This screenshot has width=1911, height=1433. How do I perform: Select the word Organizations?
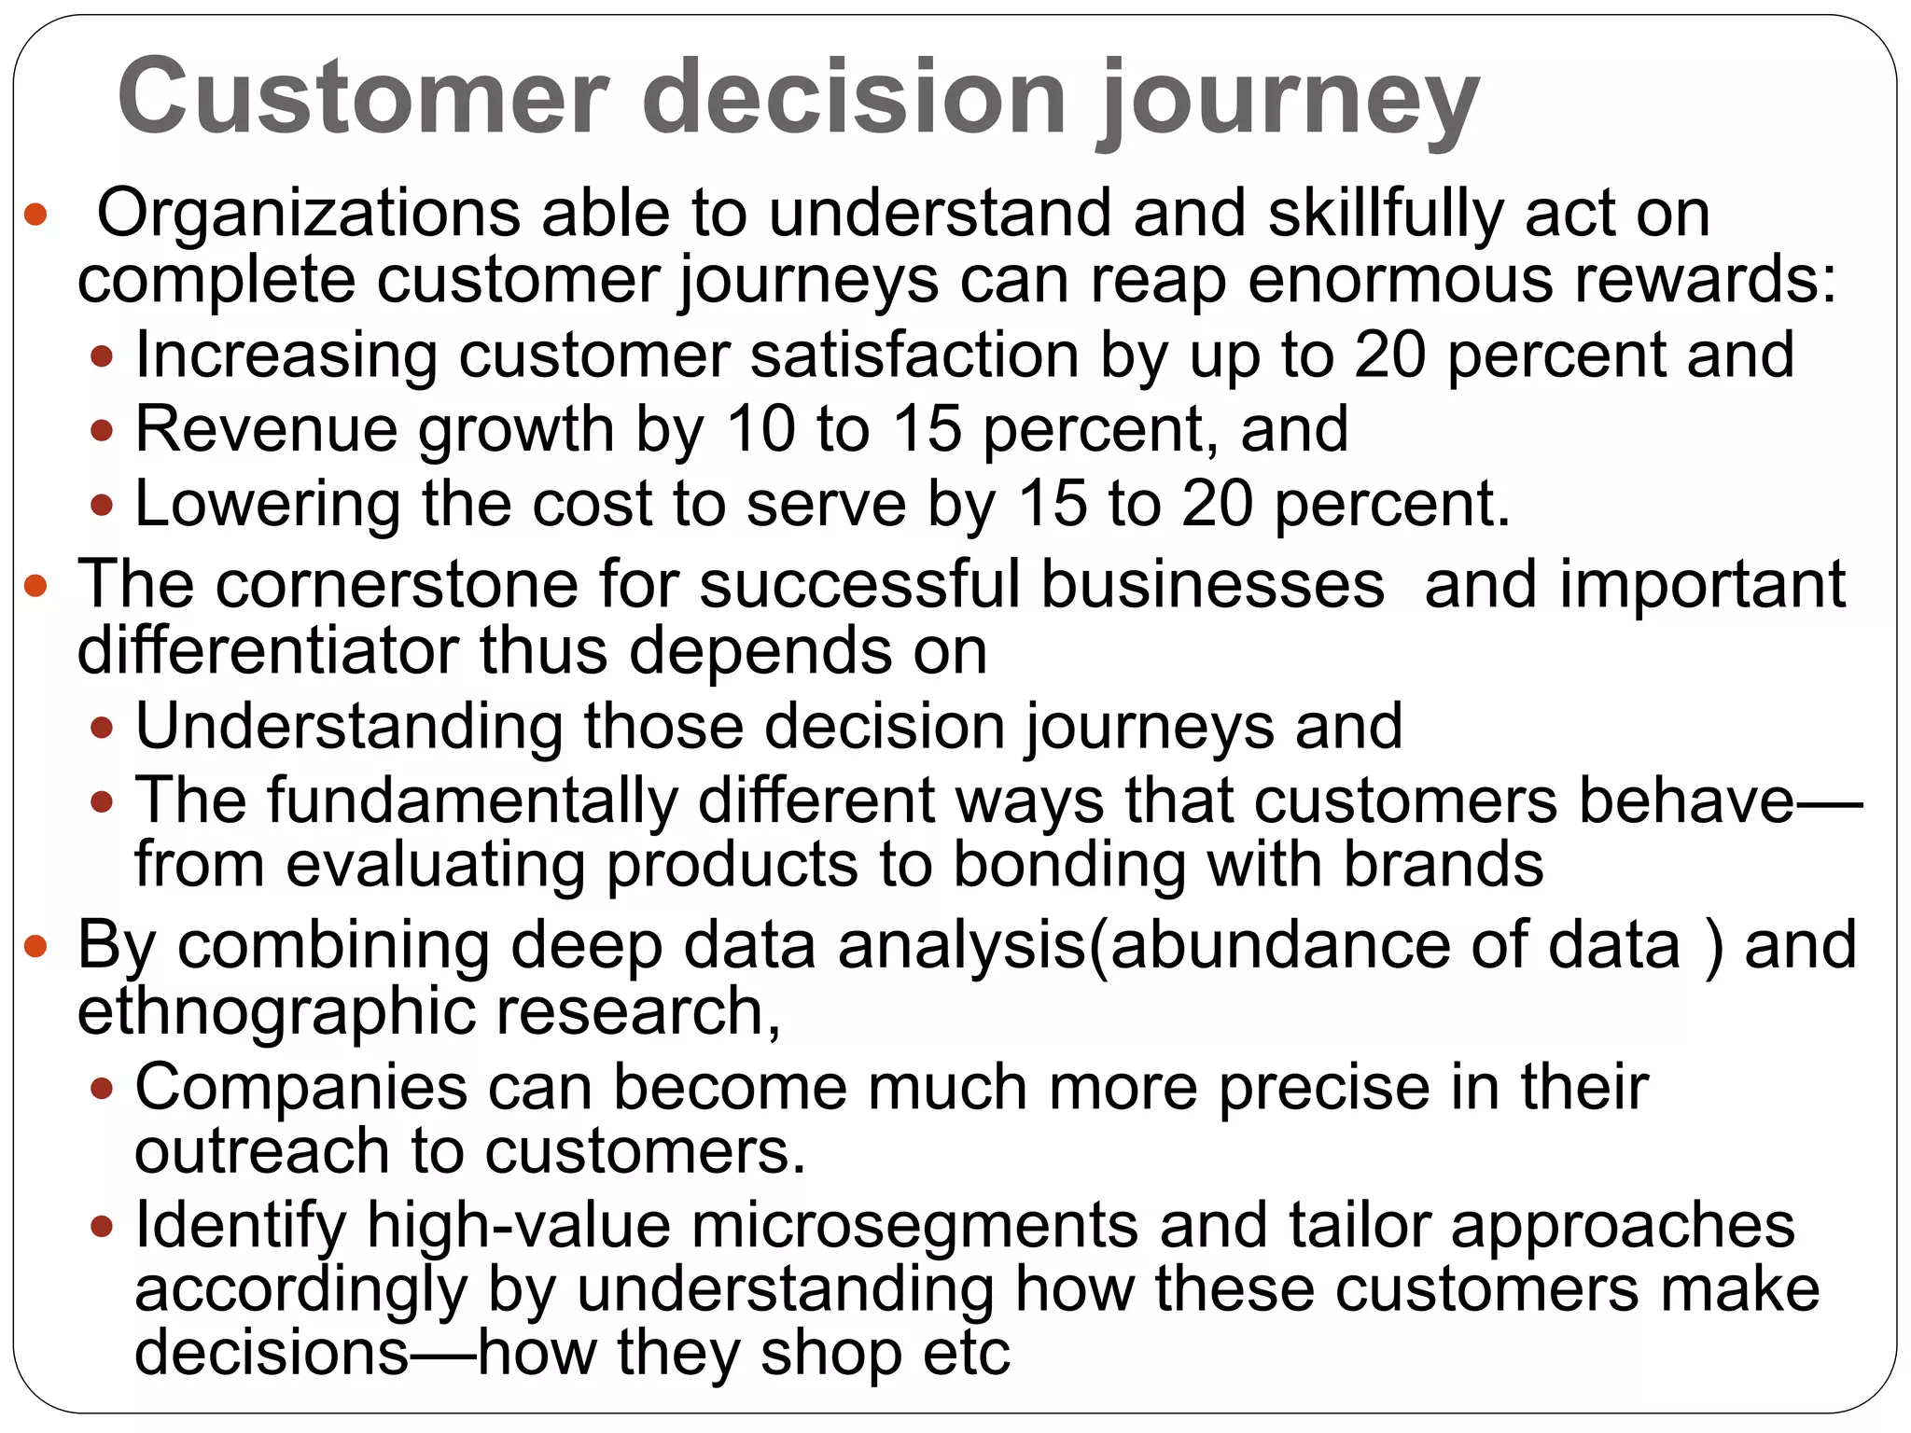[308, 215]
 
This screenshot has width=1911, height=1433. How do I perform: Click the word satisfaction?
[914, 356]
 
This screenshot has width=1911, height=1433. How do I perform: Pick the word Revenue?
[266, 430]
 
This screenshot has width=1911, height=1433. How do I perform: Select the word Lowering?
[267, 505]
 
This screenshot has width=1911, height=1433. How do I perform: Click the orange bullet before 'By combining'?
[35, 948]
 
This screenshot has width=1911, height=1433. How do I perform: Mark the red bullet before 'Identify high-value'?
[103, 1226]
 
